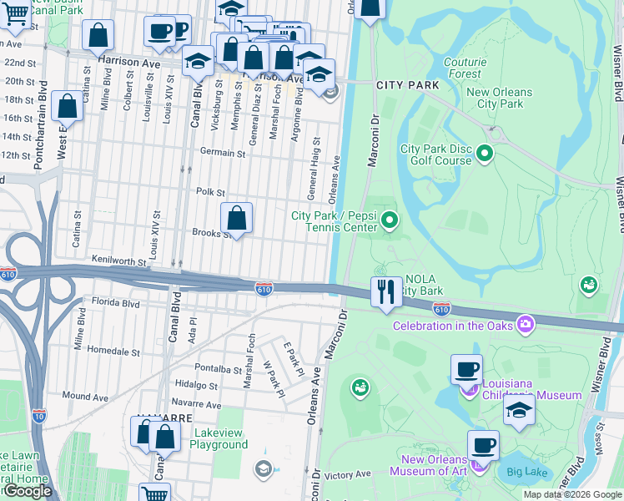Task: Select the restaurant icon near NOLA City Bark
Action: pyautogui.click(x=385, y=293)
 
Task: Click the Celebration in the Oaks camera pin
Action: pyautogui.click(x=525, y=323)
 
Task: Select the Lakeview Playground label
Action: pyautogui.click(x=221, y=438)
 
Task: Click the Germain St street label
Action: pyautogui.click(x=223, y=153)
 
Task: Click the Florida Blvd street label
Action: pyautogui.click(x=116, y=303)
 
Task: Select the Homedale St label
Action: pyautogui.click(x=113, y=350)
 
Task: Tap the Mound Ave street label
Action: pyautogui.click(x=85, y=397)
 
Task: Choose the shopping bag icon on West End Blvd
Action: pyautogui.click(x=68, y=107)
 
